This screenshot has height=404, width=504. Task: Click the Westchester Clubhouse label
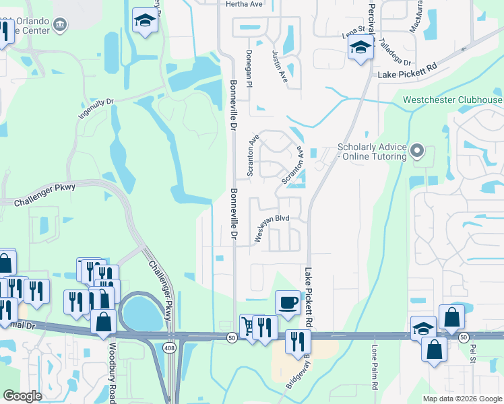[452, 100]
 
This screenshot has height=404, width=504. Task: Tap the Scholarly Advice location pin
[418, 151]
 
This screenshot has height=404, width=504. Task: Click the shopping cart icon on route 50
[249, 327]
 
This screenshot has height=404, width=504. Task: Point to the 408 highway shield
[171, 346]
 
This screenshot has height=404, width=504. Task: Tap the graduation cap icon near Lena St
[360, 48]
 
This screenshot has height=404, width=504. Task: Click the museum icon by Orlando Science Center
[60, 26]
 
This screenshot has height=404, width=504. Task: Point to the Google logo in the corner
[22, 396]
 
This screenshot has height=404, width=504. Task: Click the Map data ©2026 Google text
[462, 399]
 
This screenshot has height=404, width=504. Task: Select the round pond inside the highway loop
[139, 312]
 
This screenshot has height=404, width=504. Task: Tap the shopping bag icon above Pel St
[451, 316]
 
